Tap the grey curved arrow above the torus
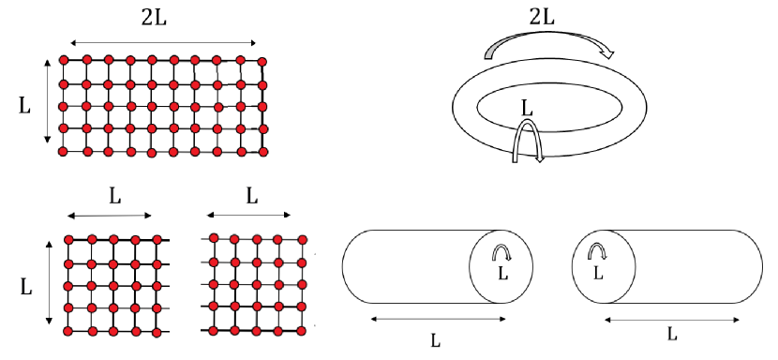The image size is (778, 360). (x=549, y=44)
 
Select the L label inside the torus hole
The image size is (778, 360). (x=527, y=109)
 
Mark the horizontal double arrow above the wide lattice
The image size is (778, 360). (x=162, y=42)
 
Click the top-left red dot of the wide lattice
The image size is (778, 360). (x=65, y=61)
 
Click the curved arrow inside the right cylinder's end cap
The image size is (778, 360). (x=596, y=250)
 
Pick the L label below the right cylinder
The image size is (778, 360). (x=672, y=333)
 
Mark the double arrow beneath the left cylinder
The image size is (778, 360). (x=439, y=320)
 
